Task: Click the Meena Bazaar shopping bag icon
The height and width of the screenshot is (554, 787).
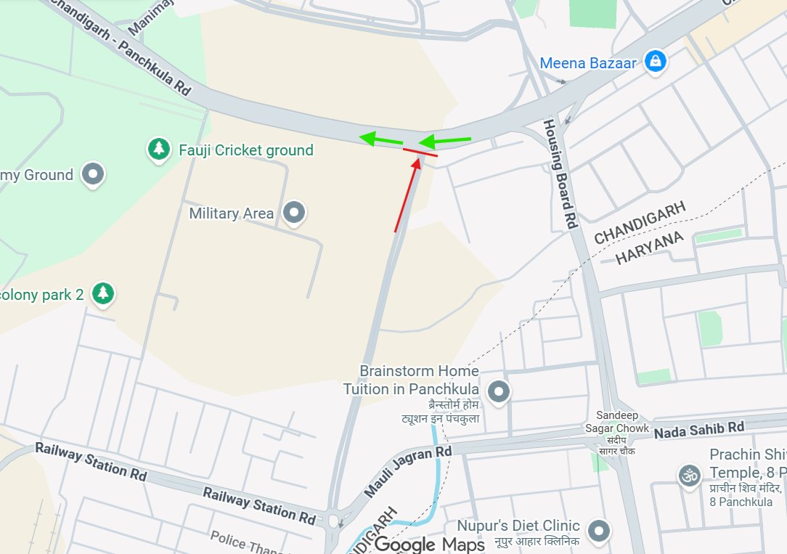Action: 656,62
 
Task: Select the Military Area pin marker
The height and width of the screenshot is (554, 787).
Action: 294,213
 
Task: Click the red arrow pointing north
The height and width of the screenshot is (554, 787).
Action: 407,196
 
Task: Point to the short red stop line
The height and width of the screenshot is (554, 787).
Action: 420,152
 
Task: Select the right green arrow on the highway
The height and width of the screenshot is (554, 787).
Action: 445,140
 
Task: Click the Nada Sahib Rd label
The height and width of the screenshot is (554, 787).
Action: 699,431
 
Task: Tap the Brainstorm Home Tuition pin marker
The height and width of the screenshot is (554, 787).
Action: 499,393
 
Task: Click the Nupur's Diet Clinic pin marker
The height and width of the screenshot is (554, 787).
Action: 598,531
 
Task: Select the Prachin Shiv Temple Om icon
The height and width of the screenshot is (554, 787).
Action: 688,476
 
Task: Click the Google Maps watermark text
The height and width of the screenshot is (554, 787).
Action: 430,544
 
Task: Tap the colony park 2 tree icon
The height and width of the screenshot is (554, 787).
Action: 104,293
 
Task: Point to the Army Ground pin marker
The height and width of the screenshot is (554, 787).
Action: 94,174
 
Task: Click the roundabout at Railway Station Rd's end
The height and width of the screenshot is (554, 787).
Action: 334,521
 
